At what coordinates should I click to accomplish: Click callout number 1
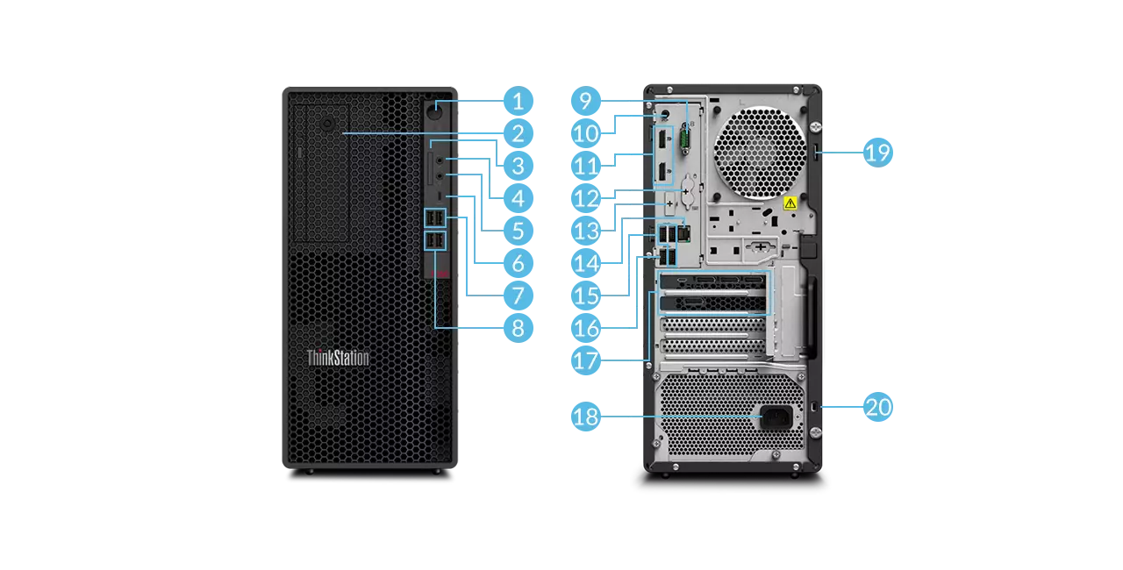pos(518,101)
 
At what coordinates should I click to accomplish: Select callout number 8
pos(518,328)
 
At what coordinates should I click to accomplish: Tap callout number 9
pos(585,101)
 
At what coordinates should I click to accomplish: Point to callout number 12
pos(585,198)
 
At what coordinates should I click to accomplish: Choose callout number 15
pos(585,296)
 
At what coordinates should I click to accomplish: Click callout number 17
pos(585,360)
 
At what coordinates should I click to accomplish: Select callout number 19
pos(877,152)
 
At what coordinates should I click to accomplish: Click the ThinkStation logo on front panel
pos(338,358)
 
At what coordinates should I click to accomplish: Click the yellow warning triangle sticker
pos(790,203)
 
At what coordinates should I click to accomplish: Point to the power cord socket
pos(776,417)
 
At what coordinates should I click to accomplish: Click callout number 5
pos(518,231)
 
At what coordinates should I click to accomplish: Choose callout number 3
pos(518,166)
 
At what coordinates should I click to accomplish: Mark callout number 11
pos(585,166)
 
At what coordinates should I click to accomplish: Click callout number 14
pos(585,263)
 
